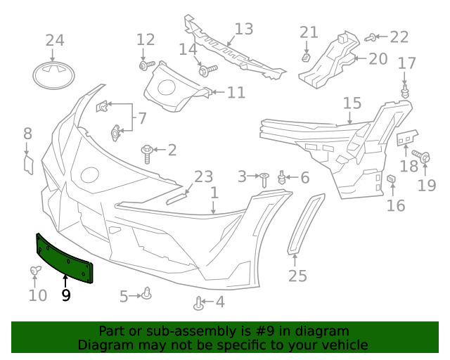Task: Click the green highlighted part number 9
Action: coord(63,257)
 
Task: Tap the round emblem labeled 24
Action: coord(54,75)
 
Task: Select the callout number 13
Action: coord(243,30)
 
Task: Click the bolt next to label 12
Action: coord(146,65)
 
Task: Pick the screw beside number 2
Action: coord(148,153)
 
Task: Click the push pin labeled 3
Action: coord(264,179)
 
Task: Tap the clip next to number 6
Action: coord(283,178)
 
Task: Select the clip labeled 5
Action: coord(146,294)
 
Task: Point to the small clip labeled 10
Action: coord(35,271)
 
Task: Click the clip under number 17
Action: coord(406,93)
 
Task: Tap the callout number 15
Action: coord(352,104)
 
